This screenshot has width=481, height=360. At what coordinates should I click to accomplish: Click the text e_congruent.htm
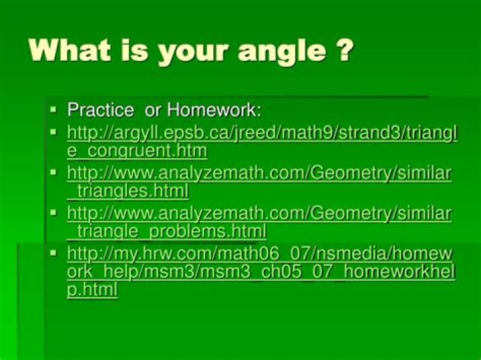click(x=137, y=152)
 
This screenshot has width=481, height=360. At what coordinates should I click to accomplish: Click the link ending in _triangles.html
click(x=128, y=192)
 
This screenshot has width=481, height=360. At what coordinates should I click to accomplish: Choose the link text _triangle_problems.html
click(x=166, y=232)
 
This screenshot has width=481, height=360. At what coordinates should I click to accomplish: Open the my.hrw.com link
click(x=261, y=253)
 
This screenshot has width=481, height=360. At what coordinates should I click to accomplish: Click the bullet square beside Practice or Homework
click(x=54, y=108)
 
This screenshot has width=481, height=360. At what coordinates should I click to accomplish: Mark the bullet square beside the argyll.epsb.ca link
click(x=54, y=130)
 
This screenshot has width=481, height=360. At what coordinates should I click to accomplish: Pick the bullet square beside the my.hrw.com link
click(x=54, y=252)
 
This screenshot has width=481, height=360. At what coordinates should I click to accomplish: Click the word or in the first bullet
click(x=153, y=110)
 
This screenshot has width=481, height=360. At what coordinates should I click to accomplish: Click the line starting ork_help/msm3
click(x=261, y=273)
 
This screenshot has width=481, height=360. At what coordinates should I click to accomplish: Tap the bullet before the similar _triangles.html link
click(x=54, y=172)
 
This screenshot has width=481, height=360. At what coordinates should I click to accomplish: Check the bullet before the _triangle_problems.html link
click(x=54, y=212)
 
